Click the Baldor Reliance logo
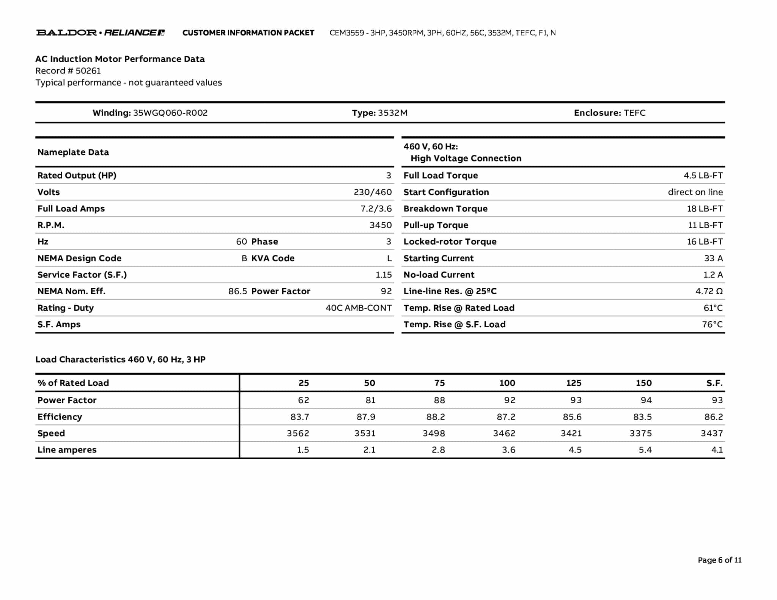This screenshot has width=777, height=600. [101, 33]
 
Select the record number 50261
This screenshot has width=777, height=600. [88, 71]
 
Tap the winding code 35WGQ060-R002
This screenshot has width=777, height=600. [170, 113]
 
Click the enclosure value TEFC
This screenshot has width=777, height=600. [634, 113]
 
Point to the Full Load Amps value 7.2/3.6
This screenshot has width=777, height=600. [376, 209]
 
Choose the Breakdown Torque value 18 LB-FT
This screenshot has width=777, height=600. [705, 209]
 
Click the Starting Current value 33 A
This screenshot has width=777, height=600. [713, 258]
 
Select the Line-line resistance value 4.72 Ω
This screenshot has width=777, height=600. [709, 291]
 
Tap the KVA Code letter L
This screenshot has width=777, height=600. [389, 258]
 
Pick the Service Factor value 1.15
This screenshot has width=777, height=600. [384, 275]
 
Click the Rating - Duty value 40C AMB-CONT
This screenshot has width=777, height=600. [359, 308]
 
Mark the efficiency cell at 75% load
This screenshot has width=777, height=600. [435, 417]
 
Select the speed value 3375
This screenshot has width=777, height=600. [640, 434]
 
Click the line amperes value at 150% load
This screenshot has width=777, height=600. [645, 450]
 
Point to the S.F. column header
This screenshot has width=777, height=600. [714, 383]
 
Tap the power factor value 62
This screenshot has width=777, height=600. [304, 400]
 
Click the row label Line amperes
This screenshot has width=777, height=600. [67, 450]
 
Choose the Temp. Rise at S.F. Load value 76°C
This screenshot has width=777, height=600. [712, 325]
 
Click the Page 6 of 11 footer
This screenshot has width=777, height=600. [719, 560]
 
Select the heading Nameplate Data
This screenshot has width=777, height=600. [73, 152]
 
